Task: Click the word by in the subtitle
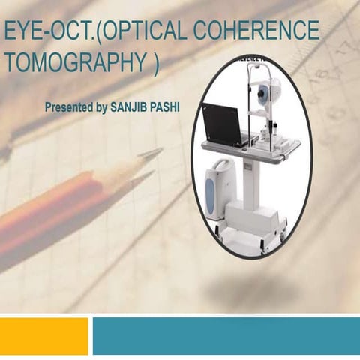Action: (x=102, y=107)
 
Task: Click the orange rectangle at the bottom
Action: (x=43, y=335)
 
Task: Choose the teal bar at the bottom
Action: (x=226, y=335)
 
